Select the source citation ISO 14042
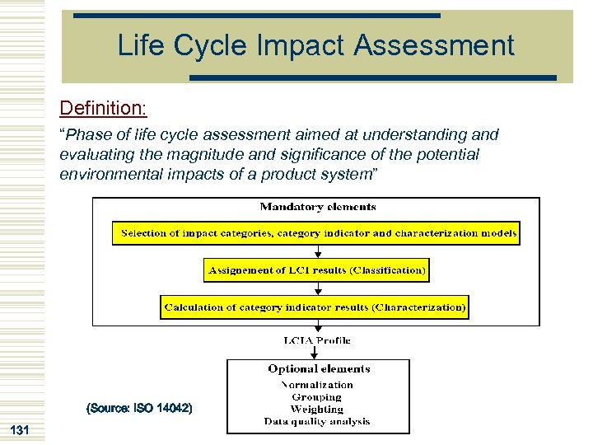point(139,408)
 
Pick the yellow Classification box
point(317,269)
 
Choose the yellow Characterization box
point(315,307)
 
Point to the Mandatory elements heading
point(317,207)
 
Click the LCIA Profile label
point(317,340)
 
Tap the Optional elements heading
point(318,369)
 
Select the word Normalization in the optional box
point(317,384)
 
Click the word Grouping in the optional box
point(317,396)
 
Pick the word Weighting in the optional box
point(317,409)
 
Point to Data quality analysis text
point(317,421)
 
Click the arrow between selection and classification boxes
point(317,252)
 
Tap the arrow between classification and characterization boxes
point(317,288)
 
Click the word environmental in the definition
point(105,175)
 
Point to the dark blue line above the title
point(256,16)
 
